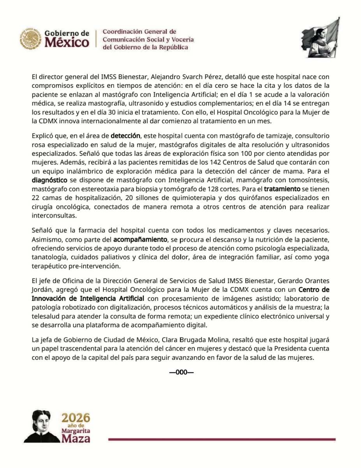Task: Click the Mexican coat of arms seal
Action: (x=31, y=38)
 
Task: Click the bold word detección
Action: (x=125, y=136)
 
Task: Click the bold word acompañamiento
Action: (x=140, y=239)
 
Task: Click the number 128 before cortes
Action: (x=214, y=189)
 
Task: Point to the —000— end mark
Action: (x=181, y=372)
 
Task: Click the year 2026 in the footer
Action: (x=76, y=418)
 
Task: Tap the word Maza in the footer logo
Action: (x=76, y=439)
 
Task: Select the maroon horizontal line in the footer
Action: (x=222, y=440)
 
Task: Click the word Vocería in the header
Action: (x=181, y=39)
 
